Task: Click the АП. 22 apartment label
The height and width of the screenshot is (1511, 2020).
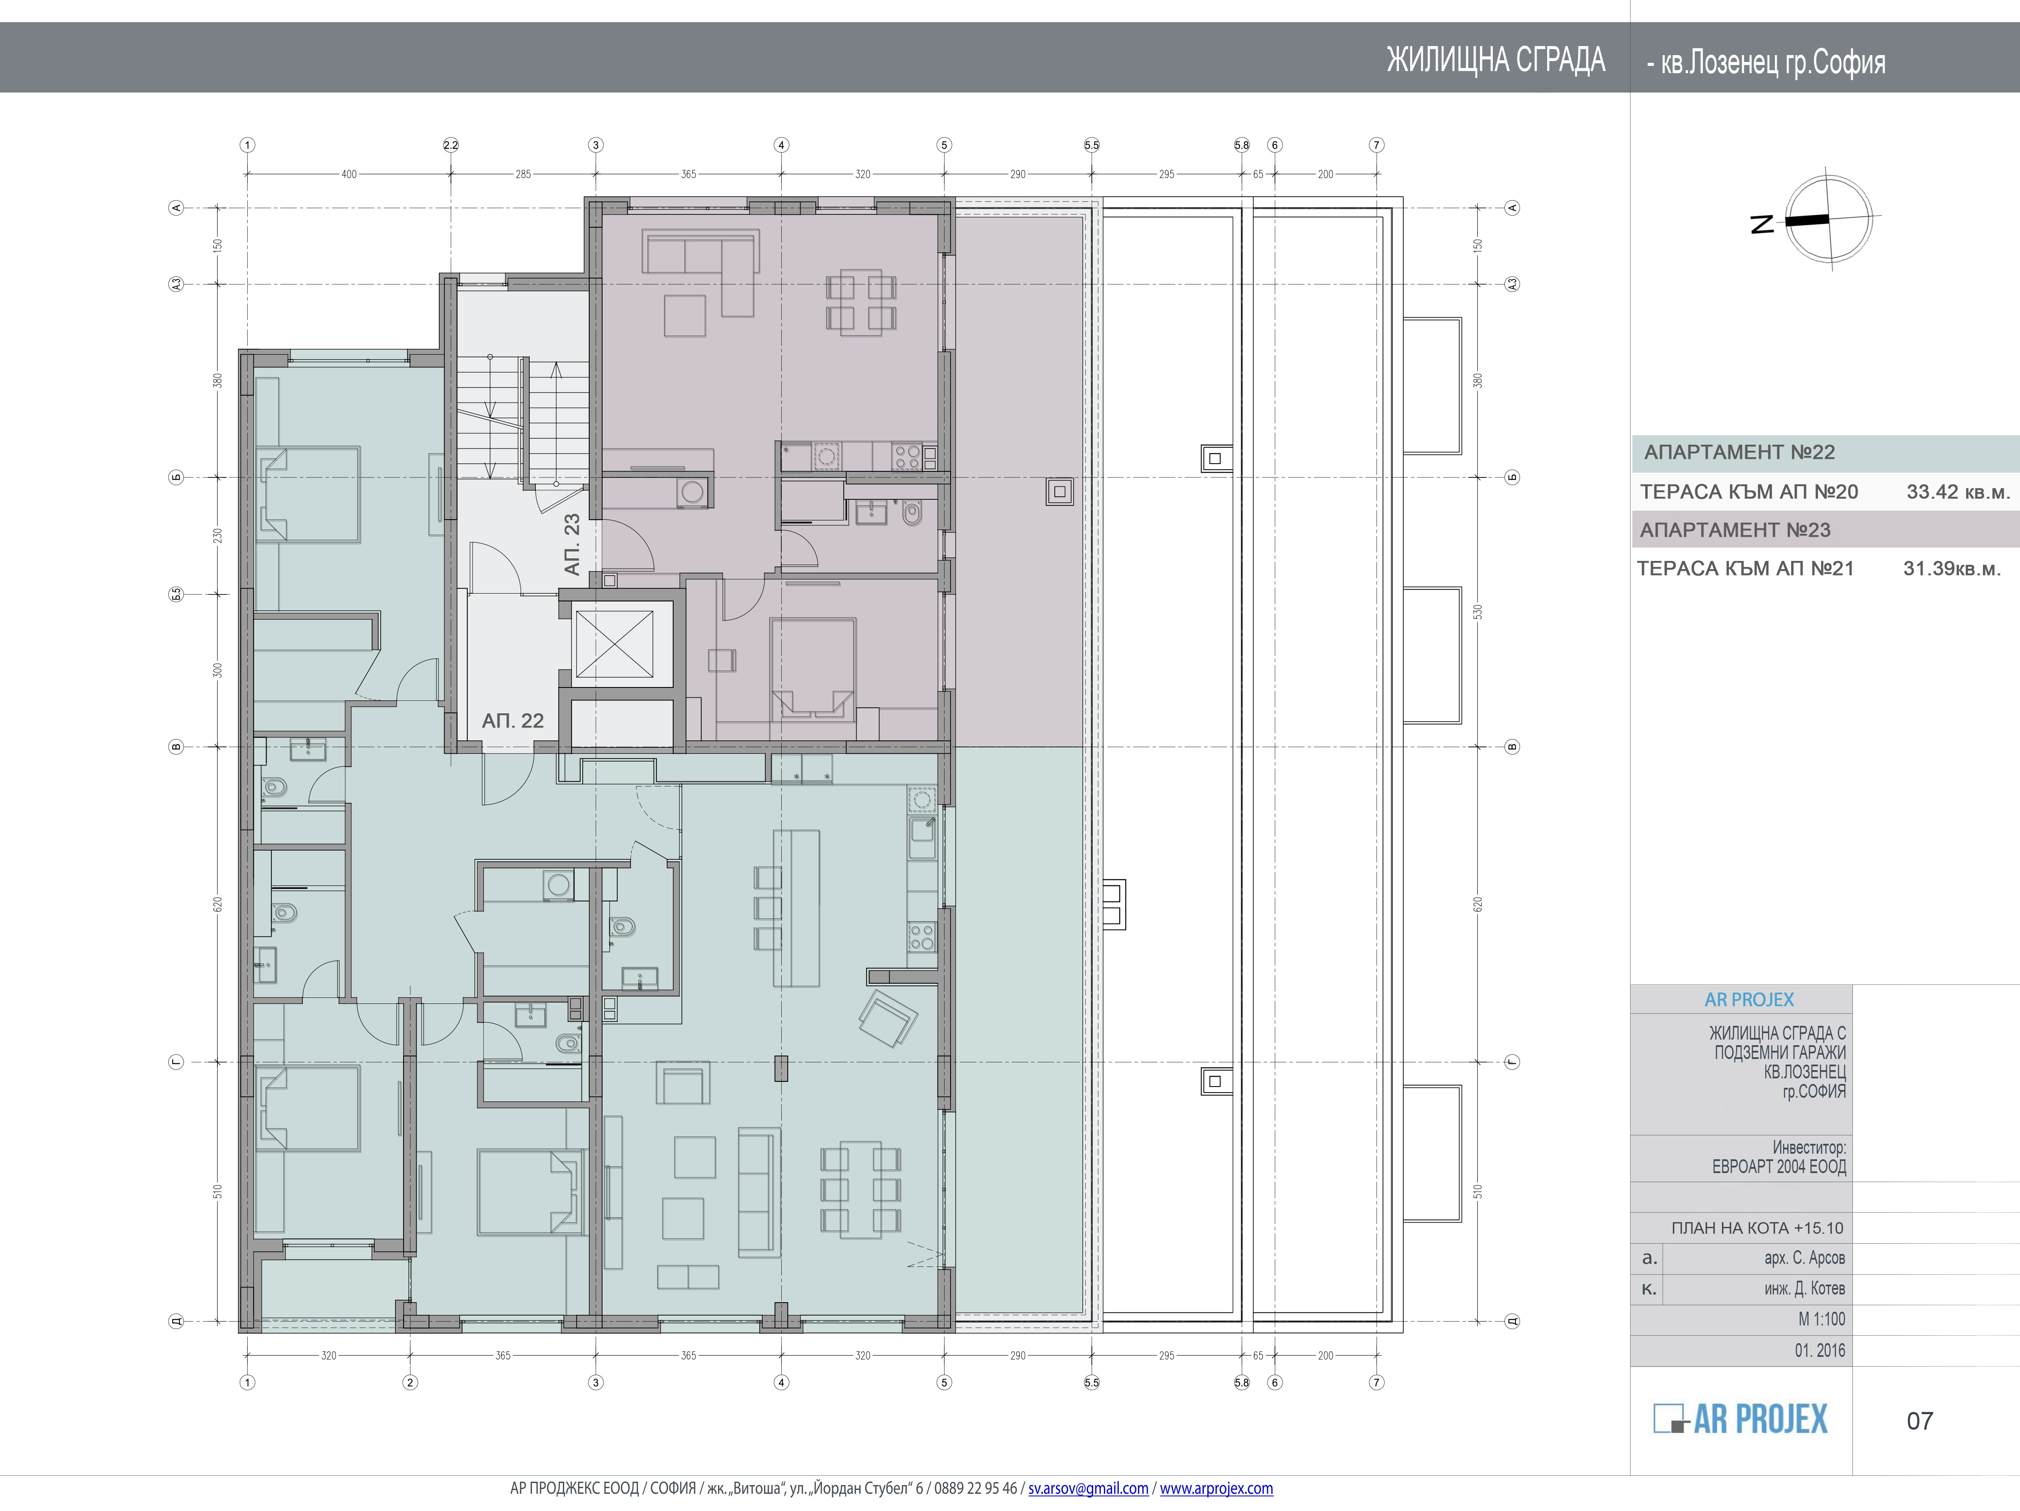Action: point(512,721)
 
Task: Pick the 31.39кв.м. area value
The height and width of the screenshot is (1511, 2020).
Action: point(1952,569)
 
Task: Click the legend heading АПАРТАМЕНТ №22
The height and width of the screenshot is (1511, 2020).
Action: point(1739,452)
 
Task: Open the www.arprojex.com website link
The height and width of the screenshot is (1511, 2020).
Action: point(1216,1488)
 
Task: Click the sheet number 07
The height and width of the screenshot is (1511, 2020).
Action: point(1920,1421)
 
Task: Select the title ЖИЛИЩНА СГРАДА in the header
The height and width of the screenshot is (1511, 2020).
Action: point(1496,60)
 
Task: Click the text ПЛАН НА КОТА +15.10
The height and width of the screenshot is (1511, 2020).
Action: point(1757,1228)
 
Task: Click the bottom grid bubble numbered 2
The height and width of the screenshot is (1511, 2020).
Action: point(410,1382)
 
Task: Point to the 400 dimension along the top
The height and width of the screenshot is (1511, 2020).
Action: point(349,173)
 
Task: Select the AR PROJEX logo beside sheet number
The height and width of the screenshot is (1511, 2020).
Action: point(1740,1419)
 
